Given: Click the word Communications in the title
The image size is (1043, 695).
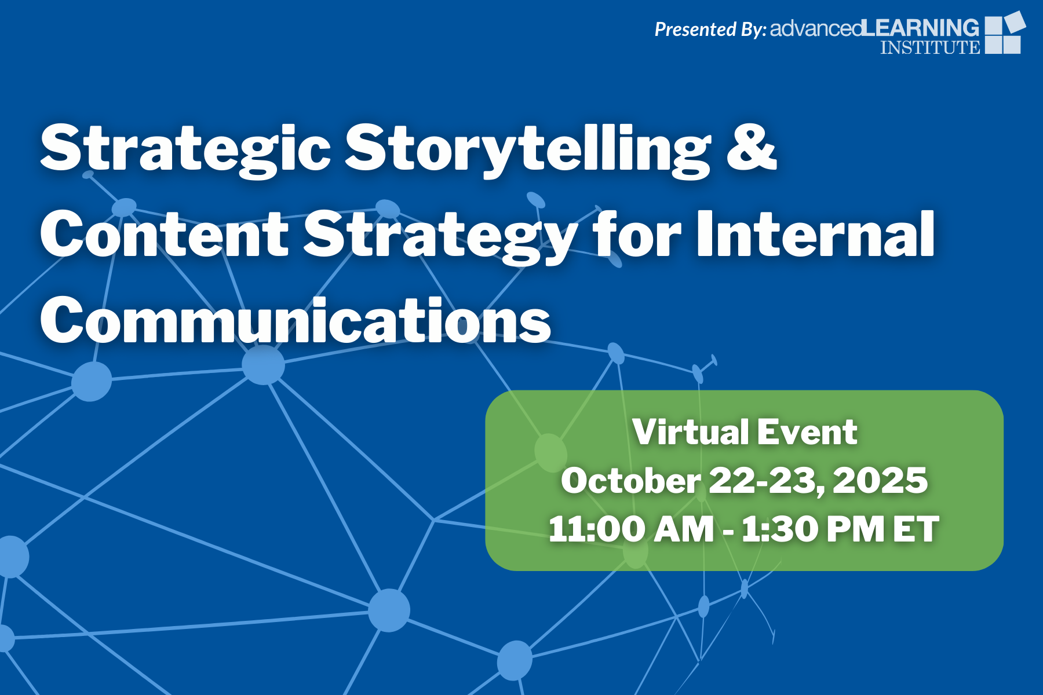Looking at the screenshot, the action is (296, 320).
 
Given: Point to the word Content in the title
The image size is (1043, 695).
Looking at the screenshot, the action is (164, 234).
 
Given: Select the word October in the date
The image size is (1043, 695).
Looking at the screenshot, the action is (630, 481).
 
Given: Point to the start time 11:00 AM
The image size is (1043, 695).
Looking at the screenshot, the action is (631, 529).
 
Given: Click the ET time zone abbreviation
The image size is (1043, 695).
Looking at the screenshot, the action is (916, 529).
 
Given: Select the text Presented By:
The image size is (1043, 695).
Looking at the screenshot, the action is (710, 29).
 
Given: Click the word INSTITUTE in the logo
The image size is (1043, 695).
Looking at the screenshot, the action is (930, 47).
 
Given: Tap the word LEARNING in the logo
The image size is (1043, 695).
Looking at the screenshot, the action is (920, 27).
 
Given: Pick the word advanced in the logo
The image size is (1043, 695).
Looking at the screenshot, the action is (816, 28).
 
